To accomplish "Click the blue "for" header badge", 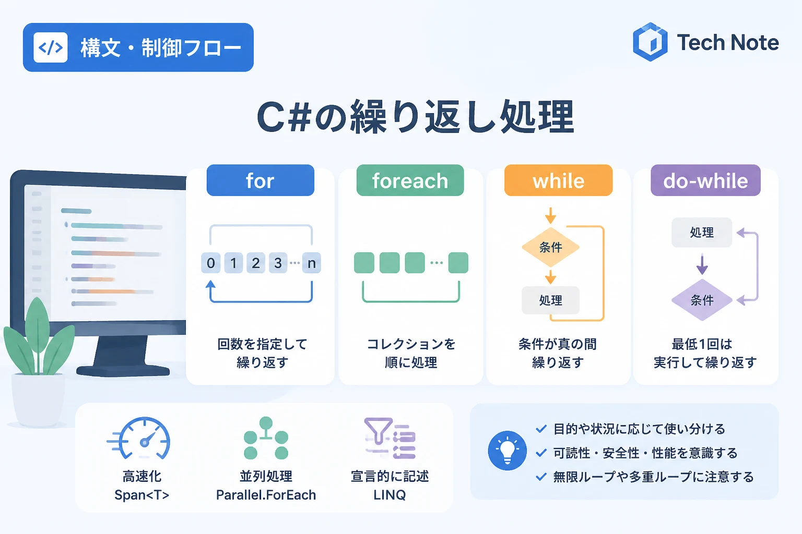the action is point(261,180).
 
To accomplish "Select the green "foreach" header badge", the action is point(410,180).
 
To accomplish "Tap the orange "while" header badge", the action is point(558,180).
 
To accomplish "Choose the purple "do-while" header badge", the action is point(705,180).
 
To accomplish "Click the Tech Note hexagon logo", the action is point(650,42).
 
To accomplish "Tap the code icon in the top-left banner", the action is point(51,47).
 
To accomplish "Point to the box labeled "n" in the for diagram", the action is point(312,263).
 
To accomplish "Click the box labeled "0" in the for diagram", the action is point(210,263).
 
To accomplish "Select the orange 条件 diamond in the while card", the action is point(551,247).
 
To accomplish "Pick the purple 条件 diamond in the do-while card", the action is point(702,300).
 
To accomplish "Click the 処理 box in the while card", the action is point(551,300).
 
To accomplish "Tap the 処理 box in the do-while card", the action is point(702,233).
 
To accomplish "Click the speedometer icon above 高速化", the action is point(139,438).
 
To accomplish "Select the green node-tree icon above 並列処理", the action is point(266,438).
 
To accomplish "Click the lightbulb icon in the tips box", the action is point(508,451).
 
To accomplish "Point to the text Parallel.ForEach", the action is point(266,495).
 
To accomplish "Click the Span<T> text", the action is point(142,495).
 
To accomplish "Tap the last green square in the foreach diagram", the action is point(458,263).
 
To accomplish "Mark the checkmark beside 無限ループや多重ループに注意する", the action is point(541,477).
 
